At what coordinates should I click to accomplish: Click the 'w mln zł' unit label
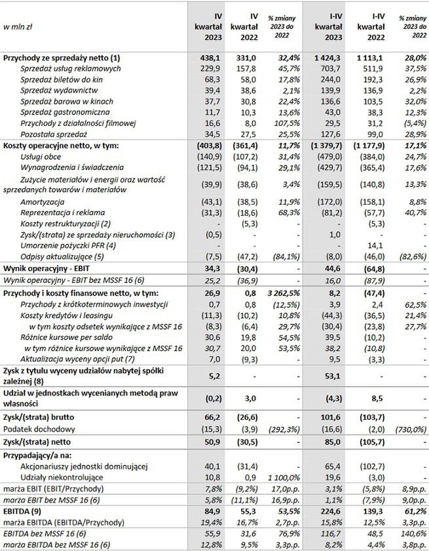[18, 27]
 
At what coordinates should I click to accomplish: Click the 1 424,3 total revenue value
[329, 58]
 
